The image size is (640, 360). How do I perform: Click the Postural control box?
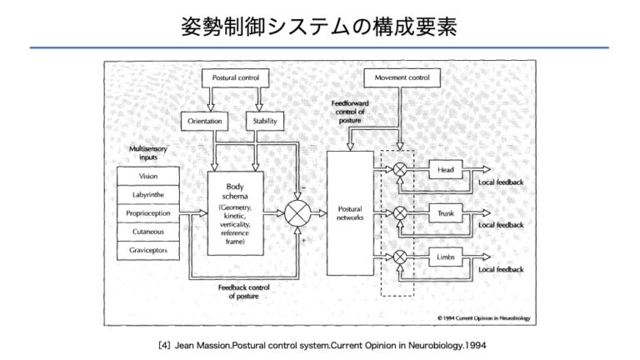tap(236, 78)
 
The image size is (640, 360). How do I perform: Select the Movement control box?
tap(402, 78)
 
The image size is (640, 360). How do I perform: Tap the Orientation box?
tap(203, 121)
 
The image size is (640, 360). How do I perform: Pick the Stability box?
tap(262, 121)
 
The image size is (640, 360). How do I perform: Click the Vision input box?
tap(148, 177)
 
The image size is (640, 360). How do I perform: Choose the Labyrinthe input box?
tap(148, 195)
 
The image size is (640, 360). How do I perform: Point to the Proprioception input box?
tap(148, 213)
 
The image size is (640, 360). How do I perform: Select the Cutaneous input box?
tap(148, 232)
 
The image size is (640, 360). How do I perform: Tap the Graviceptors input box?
tap(148, 249)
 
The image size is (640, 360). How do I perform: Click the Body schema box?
tap(235, 212)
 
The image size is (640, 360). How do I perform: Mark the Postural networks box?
tap(350, 212)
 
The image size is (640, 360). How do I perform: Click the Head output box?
tap(445, 171)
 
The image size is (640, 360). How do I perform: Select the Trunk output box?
tap(445, 214)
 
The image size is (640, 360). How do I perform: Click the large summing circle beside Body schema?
tap(297, 213)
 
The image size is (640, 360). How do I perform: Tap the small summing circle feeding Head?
tap(401, 171)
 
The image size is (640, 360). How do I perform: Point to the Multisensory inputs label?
tap(148, 152)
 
